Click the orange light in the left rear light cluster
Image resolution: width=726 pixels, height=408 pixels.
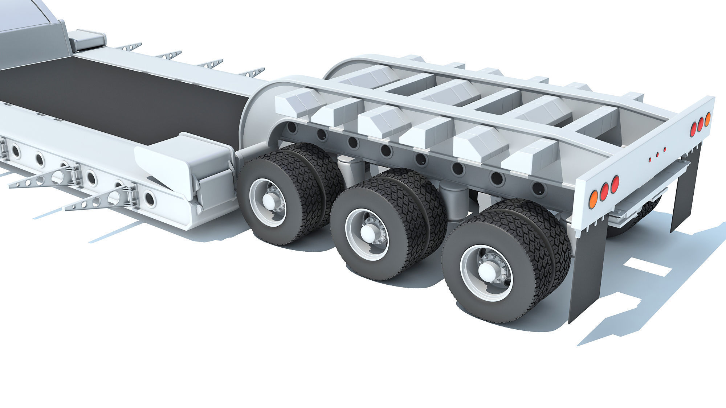point(592,199)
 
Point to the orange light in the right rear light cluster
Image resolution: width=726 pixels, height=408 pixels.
point(707,119)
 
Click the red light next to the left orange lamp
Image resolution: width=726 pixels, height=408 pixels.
point(604,191)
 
